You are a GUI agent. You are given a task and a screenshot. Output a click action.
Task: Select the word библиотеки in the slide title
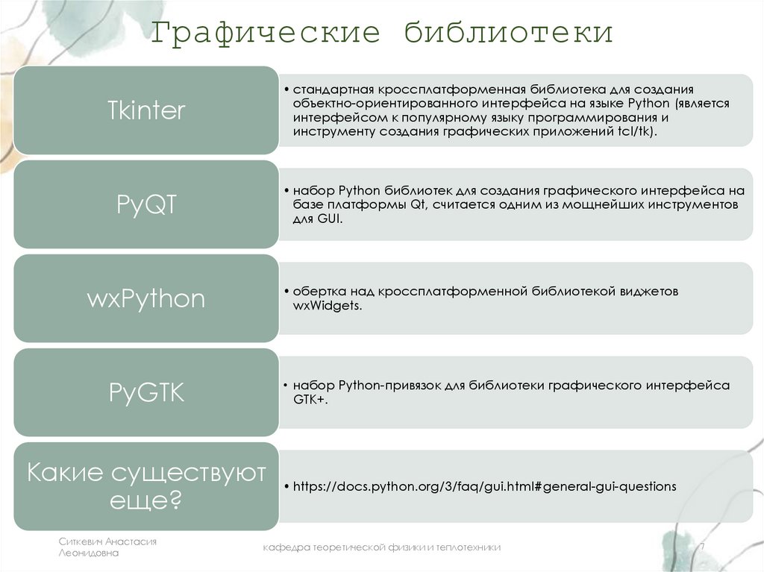[509, 34]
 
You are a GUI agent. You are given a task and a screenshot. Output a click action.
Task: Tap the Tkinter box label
[146, 110]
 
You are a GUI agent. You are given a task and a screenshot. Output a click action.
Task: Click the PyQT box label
[146, 204]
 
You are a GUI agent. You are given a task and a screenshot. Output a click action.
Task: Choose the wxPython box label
[146, 298]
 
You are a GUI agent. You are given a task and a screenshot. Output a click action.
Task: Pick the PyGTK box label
[146, 392]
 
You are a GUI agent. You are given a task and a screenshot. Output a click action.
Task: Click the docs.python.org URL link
[484, 486]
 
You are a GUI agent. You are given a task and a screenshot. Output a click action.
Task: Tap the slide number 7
[701, 547]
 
